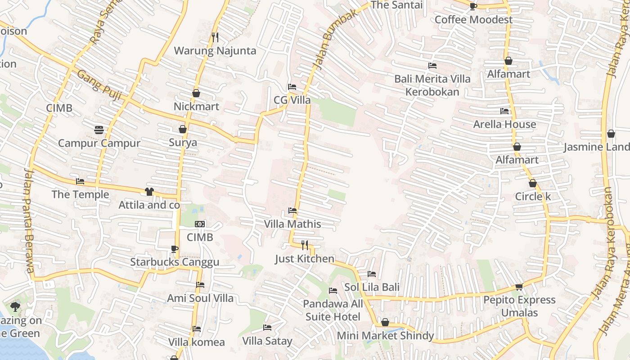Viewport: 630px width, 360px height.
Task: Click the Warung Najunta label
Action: pos(215,51)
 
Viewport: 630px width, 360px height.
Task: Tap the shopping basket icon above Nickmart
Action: pos(196,93)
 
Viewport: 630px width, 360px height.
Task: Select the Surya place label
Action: pos(183,143)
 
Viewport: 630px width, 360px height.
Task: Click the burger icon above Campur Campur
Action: pos(99,130)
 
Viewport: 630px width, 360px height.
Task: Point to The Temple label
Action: pos(81,194)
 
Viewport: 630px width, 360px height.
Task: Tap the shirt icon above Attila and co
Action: pos(149,192)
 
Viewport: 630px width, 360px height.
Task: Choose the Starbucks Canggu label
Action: pos(175,262)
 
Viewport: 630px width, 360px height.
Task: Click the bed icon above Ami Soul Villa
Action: pos(200,285)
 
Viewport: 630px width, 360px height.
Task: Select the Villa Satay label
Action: pos(267,341)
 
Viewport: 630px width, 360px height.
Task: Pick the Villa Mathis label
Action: pos(292,224)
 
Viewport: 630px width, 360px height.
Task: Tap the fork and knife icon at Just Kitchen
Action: pos(305,245)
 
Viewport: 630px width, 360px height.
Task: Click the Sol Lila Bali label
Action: pos(372,287)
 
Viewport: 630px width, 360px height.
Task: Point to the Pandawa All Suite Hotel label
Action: pos(333,310)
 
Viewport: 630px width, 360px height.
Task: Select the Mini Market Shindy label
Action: pos(385,336)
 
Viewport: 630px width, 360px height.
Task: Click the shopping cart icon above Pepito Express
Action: pos(519,287)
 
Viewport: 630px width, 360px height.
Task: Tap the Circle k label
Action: pos(533,197)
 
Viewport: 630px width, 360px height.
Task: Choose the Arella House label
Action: pos(504,124)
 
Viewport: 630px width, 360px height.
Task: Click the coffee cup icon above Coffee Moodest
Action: pos(473,6)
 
